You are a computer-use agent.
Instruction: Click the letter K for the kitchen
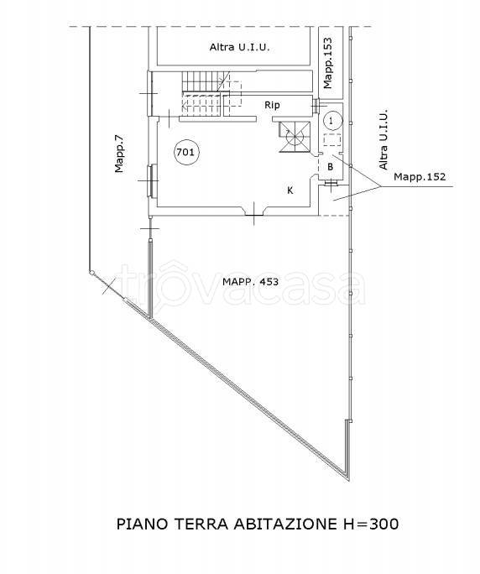coord(290,190)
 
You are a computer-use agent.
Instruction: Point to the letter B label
coord(331,166)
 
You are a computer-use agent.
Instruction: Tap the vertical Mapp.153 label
coord(328,61)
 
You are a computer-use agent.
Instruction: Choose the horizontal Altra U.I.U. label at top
coord(239,49)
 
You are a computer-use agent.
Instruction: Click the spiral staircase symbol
coord(295,138)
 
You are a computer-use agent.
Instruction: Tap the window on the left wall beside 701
coord(152,179)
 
